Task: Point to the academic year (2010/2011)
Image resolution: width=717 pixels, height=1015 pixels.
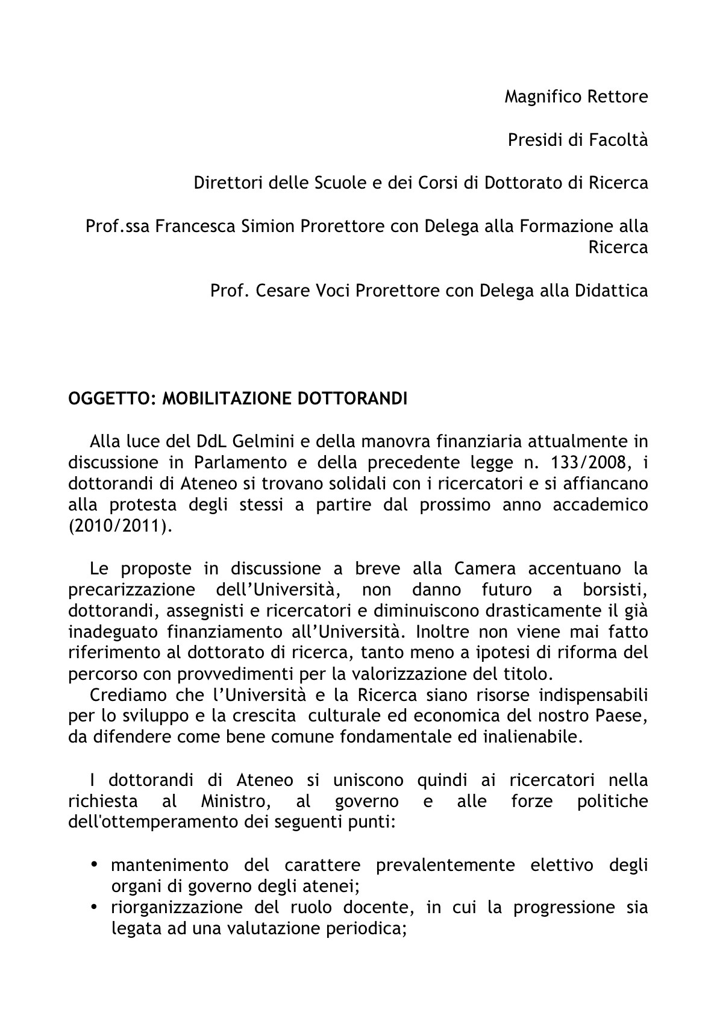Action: pos(120,526)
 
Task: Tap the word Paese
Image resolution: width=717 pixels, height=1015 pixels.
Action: pos(626,716)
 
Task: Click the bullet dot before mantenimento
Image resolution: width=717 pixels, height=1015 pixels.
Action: pos(95,866)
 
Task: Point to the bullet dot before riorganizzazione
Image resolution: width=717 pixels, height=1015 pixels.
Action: pos(95,908)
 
